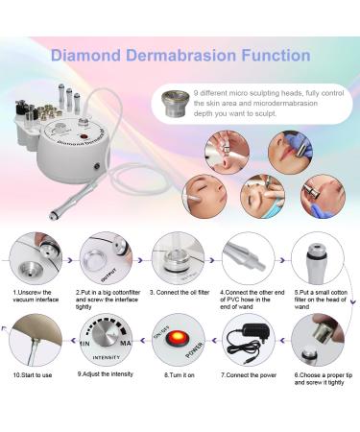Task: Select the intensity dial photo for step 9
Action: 106,346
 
